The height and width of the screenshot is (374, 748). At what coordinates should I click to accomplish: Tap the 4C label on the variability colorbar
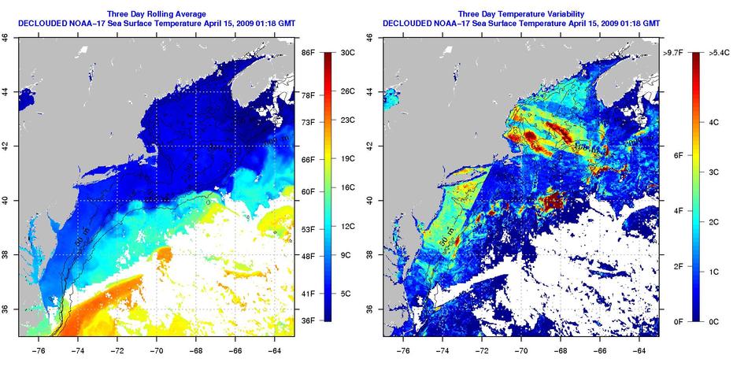click(x=714, y=122)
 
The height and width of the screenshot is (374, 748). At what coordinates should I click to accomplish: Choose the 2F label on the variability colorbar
click(x=676, y=267)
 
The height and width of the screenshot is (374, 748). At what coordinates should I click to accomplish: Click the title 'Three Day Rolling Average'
click(x=156, y=13)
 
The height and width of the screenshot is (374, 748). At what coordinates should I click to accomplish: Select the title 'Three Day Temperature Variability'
click(x=522, y=13)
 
